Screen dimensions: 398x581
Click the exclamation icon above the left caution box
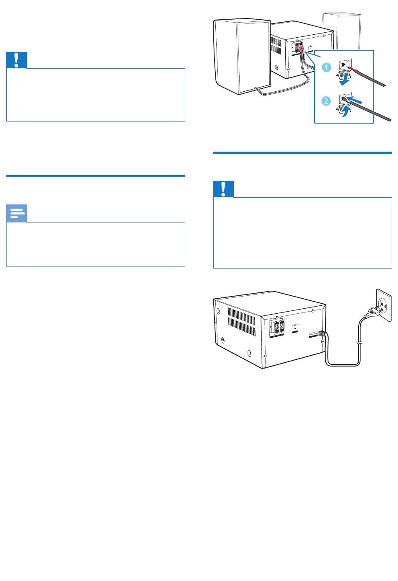[16, 60]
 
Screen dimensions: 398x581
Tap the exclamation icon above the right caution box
[223, 189]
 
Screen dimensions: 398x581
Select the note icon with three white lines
[16, 213]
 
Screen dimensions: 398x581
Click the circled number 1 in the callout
[326, 67]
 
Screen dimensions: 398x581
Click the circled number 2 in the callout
[326, 101]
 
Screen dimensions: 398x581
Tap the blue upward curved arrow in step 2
[346, 111]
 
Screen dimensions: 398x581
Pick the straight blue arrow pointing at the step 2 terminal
[354, 100]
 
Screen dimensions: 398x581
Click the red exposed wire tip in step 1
[352, 69]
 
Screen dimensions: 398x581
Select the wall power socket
[384, 305]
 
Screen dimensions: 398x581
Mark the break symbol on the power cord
[359, 344]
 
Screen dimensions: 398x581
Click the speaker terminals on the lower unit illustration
[277, 327]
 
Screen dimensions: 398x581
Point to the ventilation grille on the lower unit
[242, 322]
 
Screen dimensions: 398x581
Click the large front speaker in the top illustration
[242, 56]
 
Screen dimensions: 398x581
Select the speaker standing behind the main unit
[341, 31]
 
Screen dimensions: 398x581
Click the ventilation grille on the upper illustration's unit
[276, 45]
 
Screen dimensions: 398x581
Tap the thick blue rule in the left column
[95, 176]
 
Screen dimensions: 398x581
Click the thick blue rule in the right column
[302, 152]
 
